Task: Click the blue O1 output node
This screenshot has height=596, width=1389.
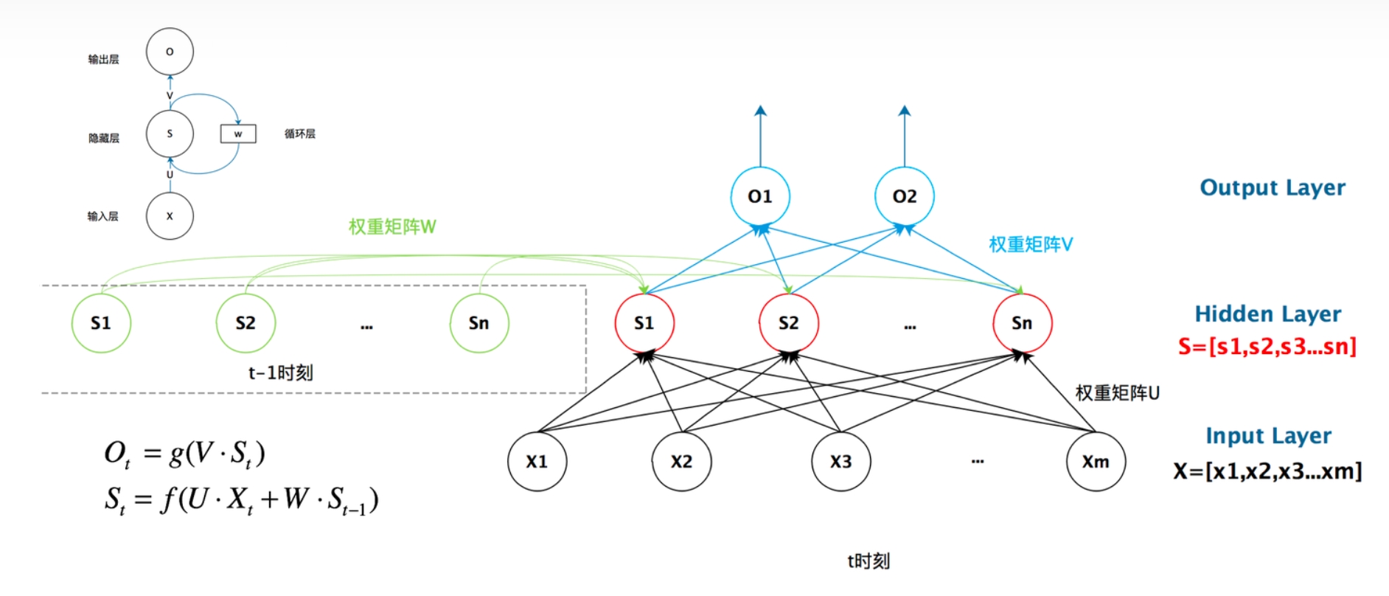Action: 760,197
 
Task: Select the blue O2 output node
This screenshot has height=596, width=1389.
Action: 905,197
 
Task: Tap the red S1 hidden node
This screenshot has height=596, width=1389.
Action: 644,323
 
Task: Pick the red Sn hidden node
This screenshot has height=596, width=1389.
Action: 1022,323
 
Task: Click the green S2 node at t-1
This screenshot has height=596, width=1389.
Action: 246,323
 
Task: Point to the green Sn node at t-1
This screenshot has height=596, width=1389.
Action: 479,323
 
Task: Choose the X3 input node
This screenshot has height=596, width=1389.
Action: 841,462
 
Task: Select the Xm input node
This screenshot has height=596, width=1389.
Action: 1096,462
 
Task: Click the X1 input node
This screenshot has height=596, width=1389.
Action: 537,462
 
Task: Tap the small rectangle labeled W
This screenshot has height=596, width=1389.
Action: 238,134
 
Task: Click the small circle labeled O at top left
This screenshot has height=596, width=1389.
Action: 170,52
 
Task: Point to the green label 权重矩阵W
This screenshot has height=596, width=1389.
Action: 392,226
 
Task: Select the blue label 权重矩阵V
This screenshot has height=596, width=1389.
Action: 1031,244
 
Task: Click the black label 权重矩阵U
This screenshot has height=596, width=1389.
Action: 1117,393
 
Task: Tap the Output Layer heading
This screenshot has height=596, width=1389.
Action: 1273,187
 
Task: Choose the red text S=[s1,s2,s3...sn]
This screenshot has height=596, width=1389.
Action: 1267,346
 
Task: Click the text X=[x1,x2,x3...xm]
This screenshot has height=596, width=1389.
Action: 1267,471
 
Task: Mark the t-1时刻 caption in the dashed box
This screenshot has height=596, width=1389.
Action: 280,372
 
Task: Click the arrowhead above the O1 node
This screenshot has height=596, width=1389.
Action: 760,111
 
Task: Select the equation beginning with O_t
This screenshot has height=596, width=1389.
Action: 184,453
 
